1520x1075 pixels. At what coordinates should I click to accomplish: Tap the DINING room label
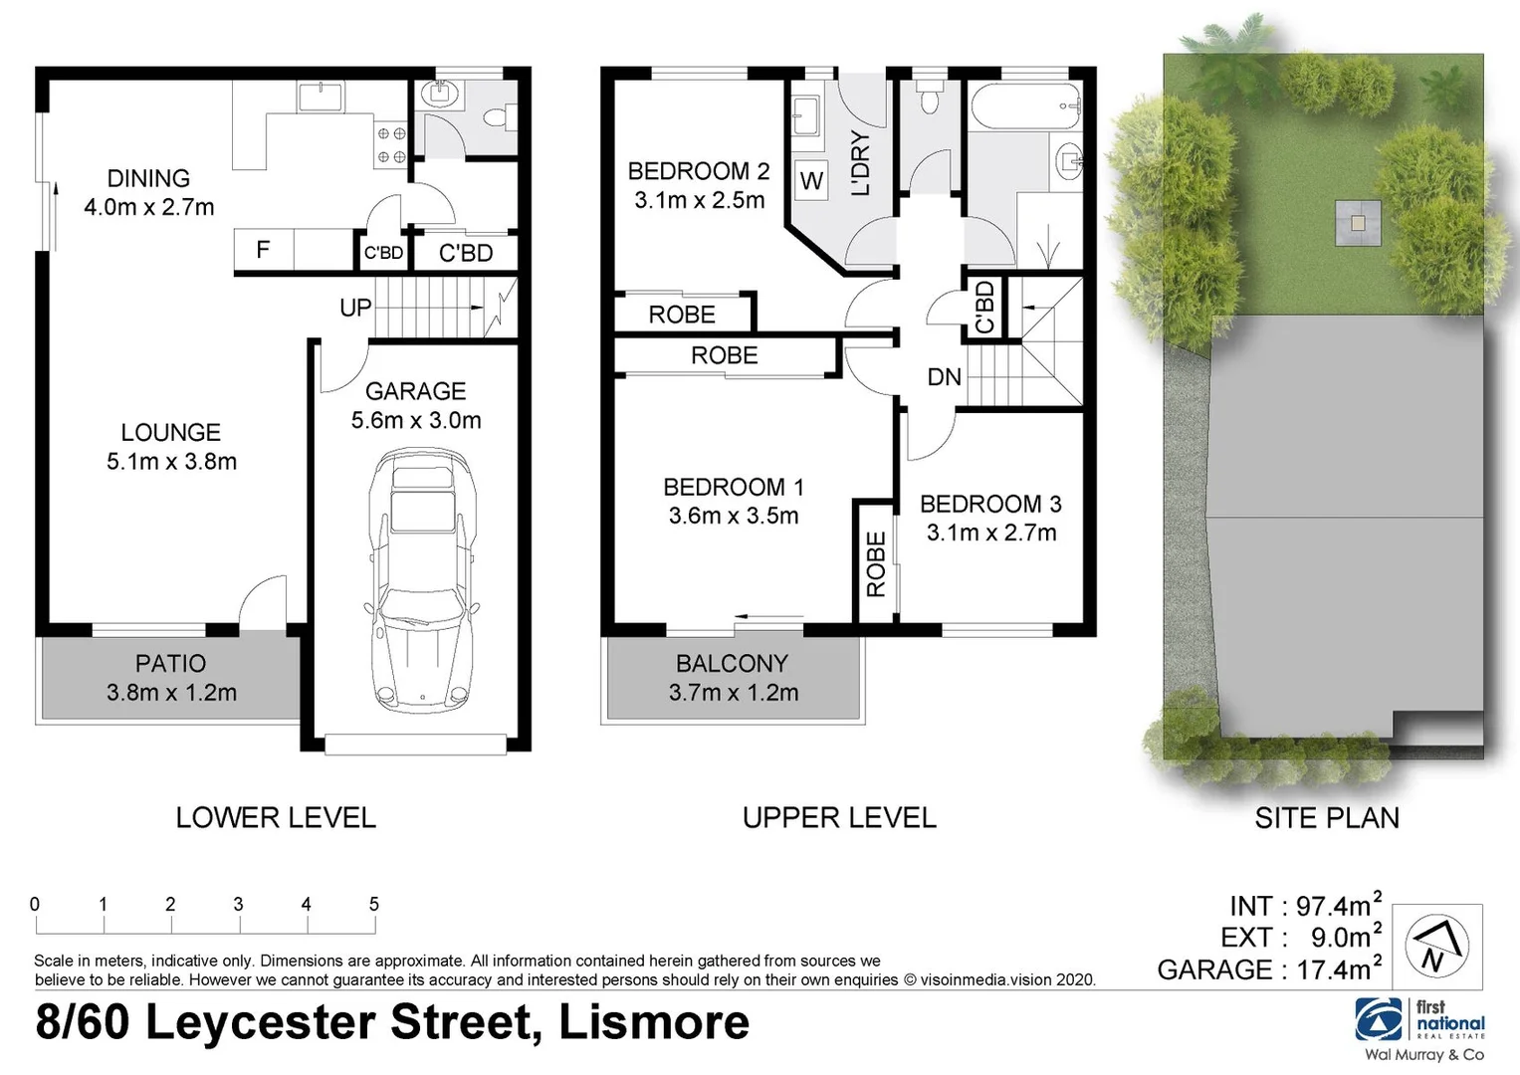tap(148, 179)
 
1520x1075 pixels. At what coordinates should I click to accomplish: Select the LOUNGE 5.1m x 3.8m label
tap(171, 447)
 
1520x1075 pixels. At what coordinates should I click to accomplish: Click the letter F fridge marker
tap(263, 250)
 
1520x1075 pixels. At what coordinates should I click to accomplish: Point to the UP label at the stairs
tap(355, 309)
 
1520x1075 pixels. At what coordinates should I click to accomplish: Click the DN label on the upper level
tap(944, 377)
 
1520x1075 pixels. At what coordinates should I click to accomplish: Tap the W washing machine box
tap(811, 181)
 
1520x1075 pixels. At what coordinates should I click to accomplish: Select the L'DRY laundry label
tap(861, 163)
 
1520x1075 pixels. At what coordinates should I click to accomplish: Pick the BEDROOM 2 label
tap(698, 171)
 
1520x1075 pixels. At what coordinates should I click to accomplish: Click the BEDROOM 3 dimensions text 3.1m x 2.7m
tap(990, 534)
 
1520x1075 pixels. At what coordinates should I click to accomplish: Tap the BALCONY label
tap(732, 664)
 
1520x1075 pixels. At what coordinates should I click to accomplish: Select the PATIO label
tap(171, 664)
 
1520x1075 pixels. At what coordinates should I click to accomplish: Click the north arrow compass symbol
tap(1436, 946)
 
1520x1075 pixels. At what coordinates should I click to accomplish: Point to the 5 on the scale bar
tap(374, 904)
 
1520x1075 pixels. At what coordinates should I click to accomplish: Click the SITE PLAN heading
tap(1326, 818)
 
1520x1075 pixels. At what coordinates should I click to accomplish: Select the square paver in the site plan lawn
tap(1358, 223)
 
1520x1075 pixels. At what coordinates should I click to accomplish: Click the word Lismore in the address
tap(653, 1023)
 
